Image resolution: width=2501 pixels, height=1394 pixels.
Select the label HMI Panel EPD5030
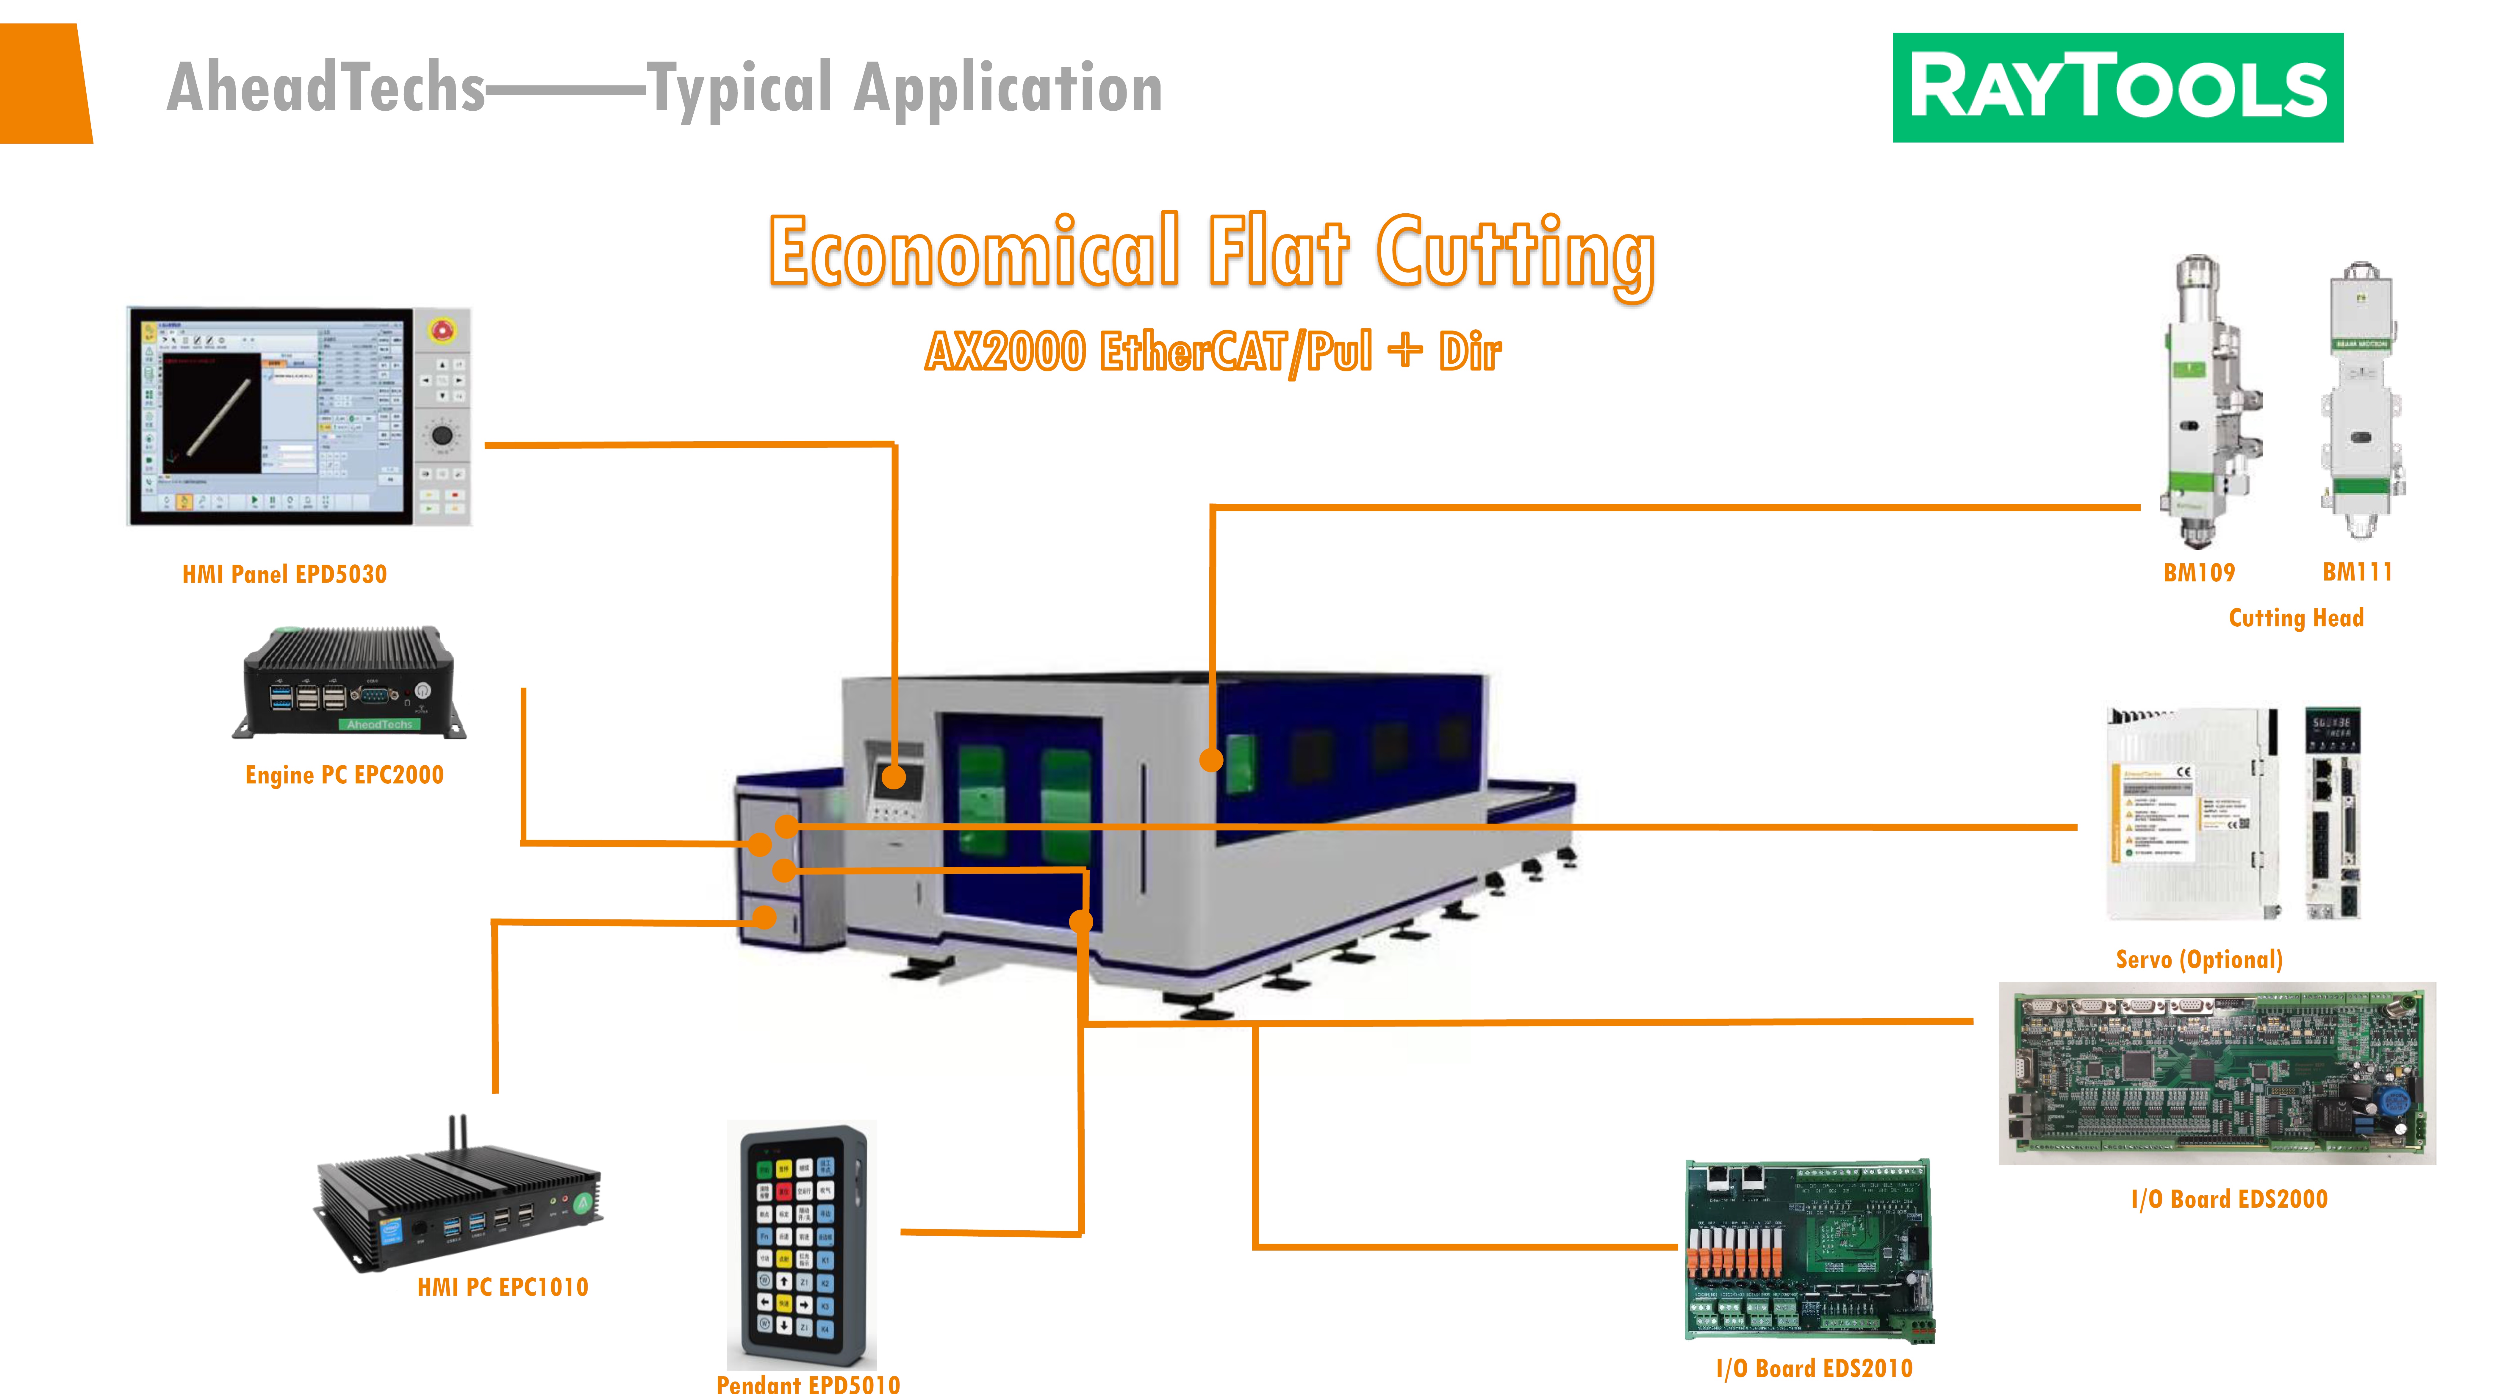pos(284,575)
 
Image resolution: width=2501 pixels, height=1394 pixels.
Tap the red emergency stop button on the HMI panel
pos(441,331)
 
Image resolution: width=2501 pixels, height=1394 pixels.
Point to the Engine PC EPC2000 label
pos(345,775)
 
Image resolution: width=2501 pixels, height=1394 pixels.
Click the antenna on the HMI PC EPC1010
pos(456,1136)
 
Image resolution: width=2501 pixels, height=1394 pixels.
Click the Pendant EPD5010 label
pos(808,1383)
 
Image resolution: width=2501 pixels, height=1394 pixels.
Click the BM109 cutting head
pos(2206,398)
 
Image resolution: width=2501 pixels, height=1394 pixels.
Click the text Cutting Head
pos(2296,618)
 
